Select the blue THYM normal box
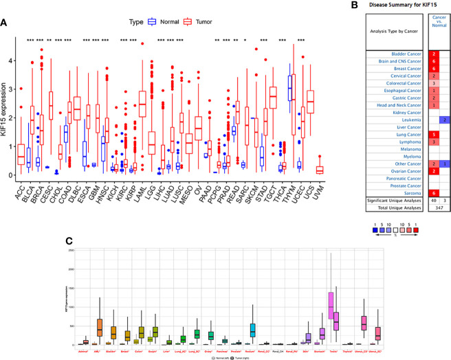(289, 89)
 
